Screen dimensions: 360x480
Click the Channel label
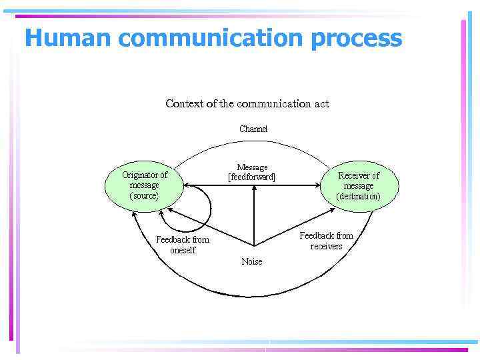pyautogui.click(x=253, y=129)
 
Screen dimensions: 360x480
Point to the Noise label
pyautogui.click(x=252, y=262)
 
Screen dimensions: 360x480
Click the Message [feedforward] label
pyautogui.click(x=252, y=173)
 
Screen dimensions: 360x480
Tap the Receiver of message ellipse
pyautogui.click(x=359, y=186)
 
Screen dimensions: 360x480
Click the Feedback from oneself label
pyautogui.click(x=183, y=245)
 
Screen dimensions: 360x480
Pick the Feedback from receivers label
pyautogui.click(x=327, y=241)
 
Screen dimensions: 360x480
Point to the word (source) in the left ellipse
pyautogui.click(x=144, y=196)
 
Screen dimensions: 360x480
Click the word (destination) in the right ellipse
pyautogui.click(x=359, y=197)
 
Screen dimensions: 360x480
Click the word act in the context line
pyautogui.click(x=322, y=104)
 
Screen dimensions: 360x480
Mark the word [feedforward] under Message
pyautogui.click(x=252, y=177)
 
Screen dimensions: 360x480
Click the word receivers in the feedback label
pyautogui.click(x=327, y=246)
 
